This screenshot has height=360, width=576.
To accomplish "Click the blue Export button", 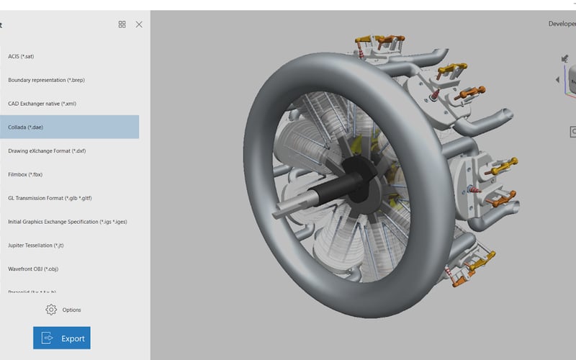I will tap(62, 338).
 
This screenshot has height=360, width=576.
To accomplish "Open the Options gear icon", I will tap(51, 310).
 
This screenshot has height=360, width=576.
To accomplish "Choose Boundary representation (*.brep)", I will tap(41, 80).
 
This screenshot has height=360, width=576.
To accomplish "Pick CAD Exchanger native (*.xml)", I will tap(42, 104).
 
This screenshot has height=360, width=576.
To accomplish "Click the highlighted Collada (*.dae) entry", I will tap(69, 127).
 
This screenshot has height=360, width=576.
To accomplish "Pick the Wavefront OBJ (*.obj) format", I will tap(33, 269).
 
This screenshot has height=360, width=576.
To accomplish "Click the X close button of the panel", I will tap(139, 24).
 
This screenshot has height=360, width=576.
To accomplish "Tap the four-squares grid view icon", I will tap(122, 24).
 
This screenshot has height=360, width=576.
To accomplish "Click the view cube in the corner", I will tap(570, 76).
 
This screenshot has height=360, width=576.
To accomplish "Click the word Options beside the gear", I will tap(72, 310).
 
